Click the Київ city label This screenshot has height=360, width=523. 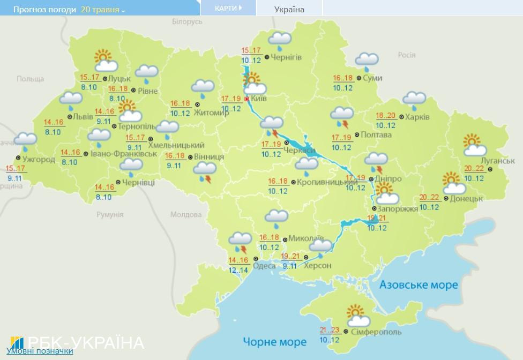tap(259, 99)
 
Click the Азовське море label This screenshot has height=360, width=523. tap(419, 284)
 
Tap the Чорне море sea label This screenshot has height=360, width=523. tap(274, 341)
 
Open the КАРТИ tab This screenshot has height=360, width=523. tap(228, 8)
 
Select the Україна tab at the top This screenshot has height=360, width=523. tap(289, 9)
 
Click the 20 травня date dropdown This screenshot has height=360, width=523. tap(103, 10)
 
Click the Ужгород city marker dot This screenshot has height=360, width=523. tap(18, 158)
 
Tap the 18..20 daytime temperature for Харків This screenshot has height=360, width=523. tap(385, 116)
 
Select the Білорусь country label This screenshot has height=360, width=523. tap(188, 21)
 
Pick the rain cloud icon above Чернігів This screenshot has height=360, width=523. tap(279, 41)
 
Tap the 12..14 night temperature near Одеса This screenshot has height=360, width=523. tap(238, 270)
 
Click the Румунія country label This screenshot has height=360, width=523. tap(110, 214)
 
